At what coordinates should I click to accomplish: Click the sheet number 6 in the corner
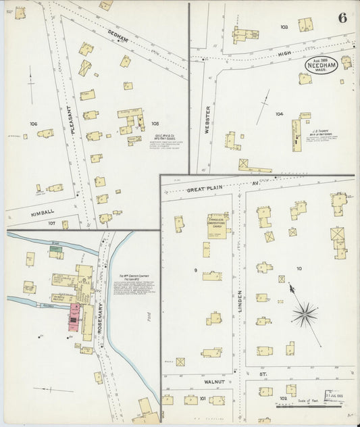click(342, 18)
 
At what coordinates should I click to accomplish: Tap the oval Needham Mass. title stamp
click(321, 64)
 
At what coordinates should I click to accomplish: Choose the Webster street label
click(208, 119)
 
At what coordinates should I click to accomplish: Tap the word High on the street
click(284, 53)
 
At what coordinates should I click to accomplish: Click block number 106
click(33, 124)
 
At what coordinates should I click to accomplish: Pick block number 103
click(284, 27)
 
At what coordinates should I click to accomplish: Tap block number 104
click(279, 114)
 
